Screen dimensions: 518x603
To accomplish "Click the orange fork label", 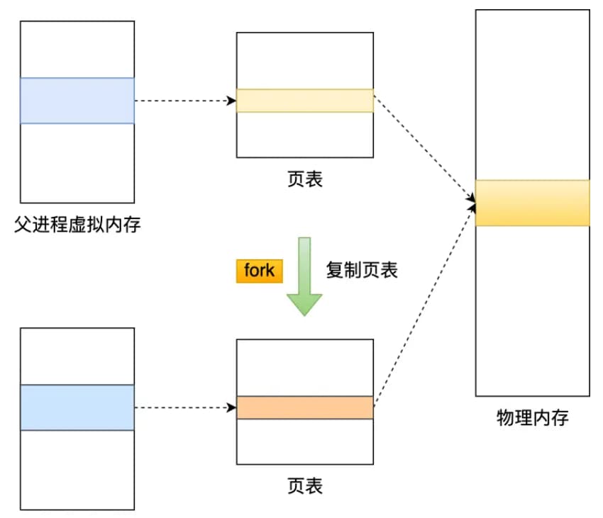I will [x=259, y=271].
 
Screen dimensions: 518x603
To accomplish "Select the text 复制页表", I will [x=362, y=270].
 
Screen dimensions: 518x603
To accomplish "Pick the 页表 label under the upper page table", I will [x=305, y=179].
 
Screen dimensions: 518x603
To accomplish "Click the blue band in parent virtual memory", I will [x=77, y=101].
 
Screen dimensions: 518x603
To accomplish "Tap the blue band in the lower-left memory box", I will [x=77, y=407].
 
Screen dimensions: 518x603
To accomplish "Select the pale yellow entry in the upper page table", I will [x=305, y=101].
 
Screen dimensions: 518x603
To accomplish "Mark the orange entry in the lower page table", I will [x=305, y=407].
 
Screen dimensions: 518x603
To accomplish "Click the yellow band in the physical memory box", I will [x=532, y=203].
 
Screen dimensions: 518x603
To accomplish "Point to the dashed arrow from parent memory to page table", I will [x=184, y=101].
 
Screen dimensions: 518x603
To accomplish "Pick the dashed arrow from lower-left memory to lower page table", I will [x=184, y=407].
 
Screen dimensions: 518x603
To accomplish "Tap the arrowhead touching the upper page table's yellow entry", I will [x=231, y=101].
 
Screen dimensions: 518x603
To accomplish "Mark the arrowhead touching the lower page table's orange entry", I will [x=231, y=407].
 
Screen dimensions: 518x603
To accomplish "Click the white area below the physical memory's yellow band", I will [x=532, y=312].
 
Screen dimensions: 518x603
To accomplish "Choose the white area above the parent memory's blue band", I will [x=77, y=50].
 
